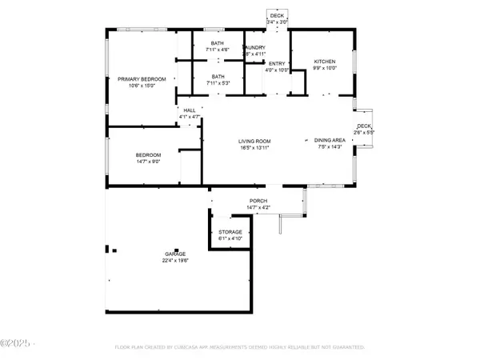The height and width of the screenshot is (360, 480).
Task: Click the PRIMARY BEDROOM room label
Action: coord(142,78)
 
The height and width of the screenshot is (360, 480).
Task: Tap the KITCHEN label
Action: coord(324,62)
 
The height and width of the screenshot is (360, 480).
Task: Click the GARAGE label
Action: coord(175,254)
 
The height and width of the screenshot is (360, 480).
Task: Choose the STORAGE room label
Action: coord(230,232)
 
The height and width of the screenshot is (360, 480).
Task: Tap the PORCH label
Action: coord(258,201)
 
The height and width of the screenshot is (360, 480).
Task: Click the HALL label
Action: coord(190,110)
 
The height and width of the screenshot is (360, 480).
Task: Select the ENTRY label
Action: coord(277,63)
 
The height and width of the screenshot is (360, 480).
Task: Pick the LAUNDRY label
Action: coord(254,48)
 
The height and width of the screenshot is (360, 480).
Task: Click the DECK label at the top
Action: coord(276,15)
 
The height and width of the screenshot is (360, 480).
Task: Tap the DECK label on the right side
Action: coord(364,126)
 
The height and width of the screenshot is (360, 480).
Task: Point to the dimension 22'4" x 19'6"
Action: coord(175,261)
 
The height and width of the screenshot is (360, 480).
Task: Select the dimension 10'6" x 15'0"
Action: coord(142,86)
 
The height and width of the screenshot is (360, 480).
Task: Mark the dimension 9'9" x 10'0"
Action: coord(324,69)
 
